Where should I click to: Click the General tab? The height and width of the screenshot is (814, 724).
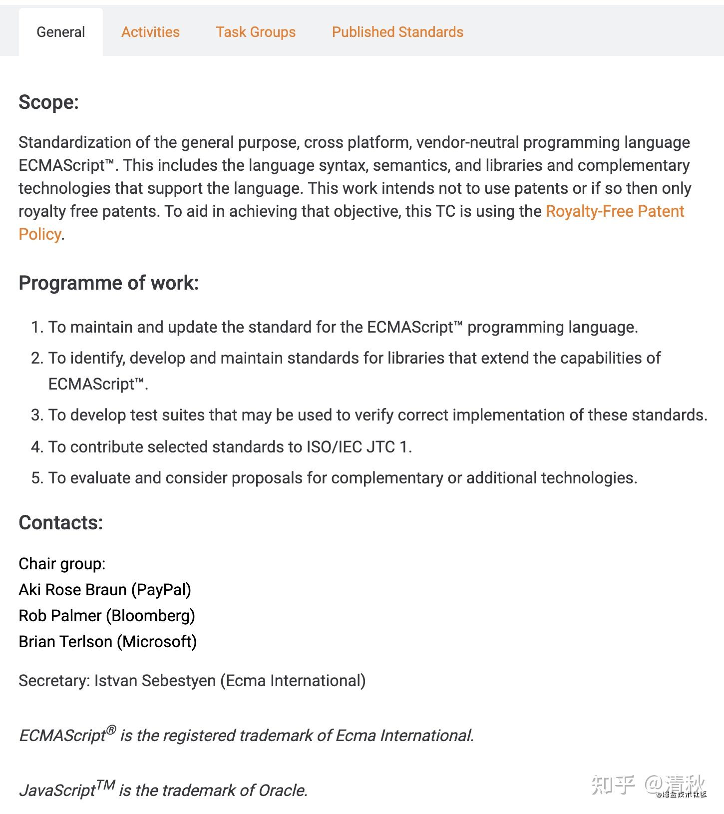[60, 32]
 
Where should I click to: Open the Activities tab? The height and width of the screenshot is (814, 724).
[150, 32]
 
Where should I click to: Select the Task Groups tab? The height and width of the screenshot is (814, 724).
[256, 32]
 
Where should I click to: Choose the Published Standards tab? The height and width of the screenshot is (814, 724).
[397, 32]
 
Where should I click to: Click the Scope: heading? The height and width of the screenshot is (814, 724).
[48, 102]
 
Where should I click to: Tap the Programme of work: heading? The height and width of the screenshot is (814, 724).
[108, 283]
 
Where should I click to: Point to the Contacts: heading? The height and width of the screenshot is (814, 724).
[60, 522]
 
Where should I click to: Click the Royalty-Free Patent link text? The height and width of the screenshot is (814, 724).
[615, 211]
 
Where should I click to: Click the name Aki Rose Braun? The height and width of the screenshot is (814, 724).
[72, 590]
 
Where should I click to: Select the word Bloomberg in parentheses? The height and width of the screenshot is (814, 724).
[151, 616]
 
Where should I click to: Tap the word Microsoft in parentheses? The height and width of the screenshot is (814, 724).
[157, 642]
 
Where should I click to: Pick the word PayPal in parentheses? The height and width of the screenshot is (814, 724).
[161, 590]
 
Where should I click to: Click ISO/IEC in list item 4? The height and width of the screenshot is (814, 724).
[334, 446]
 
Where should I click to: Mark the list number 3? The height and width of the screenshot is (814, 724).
[36, 415]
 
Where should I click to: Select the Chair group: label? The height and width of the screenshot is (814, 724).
[62, 564]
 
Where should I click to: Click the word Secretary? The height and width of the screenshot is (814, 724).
[53, 681]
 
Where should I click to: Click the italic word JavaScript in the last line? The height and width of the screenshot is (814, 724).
[57, 790]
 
